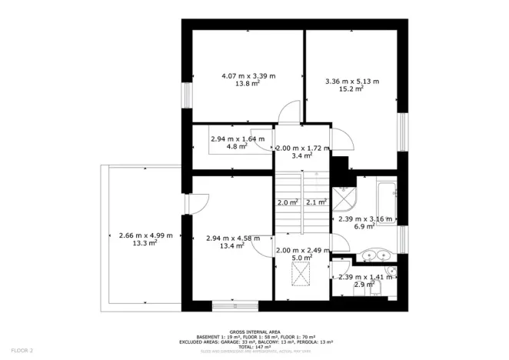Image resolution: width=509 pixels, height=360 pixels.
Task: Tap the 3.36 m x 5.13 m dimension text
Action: [x=352, y=81]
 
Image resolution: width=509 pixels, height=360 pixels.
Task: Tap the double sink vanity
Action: [x=376, y=255]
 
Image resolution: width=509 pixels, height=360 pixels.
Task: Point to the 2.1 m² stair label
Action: [x=315, y=202]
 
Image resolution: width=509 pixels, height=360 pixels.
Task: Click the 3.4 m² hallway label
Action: [x=302, y=155]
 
